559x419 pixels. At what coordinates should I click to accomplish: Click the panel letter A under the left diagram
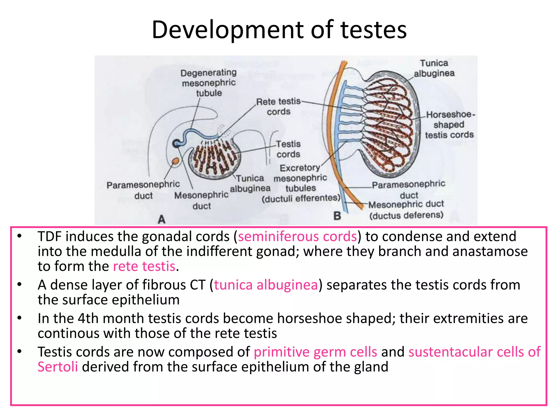[162, 219]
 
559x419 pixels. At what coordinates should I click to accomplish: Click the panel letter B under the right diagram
[337, 216]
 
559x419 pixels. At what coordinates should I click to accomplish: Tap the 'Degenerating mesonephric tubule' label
[209, 83]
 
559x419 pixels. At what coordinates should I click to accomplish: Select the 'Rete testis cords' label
[278, 106]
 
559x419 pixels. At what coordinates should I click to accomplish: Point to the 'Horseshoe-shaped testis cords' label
[449, 125]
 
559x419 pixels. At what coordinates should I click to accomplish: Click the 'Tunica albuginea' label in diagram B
[434, 68]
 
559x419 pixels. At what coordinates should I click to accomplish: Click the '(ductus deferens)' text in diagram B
[406, 215]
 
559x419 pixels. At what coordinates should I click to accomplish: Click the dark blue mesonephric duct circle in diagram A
[176, 143]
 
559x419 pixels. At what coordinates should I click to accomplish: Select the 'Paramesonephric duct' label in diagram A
[143, 190]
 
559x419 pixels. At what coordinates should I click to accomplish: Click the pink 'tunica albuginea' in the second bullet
[266, 285]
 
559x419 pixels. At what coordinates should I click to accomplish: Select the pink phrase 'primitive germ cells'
[316, 352]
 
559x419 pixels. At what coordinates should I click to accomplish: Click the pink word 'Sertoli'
[58, 367]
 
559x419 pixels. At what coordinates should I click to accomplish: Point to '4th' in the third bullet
[88, 318]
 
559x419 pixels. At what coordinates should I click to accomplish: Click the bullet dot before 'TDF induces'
[19, 236]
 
